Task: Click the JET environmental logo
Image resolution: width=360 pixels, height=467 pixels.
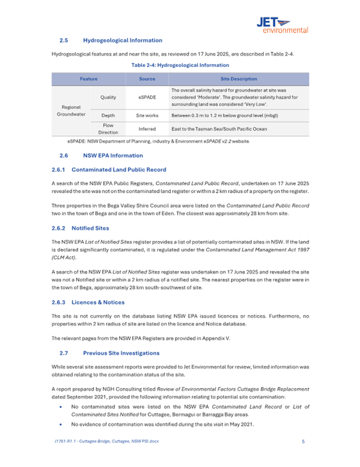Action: [282, 24]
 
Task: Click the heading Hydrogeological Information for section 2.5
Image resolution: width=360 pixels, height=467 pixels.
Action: [123, 40]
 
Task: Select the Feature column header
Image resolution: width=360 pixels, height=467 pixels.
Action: [89, 79]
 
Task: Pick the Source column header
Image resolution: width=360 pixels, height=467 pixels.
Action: [147, 79]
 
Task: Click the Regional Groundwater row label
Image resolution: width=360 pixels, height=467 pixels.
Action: [71, 110]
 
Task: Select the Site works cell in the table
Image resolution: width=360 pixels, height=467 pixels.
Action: [147, 115]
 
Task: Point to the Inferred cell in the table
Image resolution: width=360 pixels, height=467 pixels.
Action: [147, 129]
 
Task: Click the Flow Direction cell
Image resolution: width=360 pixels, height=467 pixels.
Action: [108, 129]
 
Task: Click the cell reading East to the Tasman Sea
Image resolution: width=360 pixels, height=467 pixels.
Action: [218, 129]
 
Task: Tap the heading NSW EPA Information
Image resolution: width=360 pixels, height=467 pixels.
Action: [113, 155]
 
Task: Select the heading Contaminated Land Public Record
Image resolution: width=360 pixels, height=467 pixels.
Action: [118, 170]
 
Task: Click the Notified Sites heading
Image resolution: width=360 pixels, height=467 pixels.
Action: [90, 228]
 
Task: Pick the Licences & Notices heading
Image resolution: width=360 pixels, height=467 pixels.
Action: [98, 302]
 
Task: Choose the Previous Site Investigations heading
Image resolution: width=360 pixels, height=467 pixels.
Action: [121, 353]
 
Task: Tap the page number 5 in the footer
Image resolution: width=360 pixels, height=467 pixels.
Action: [303, 441]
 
